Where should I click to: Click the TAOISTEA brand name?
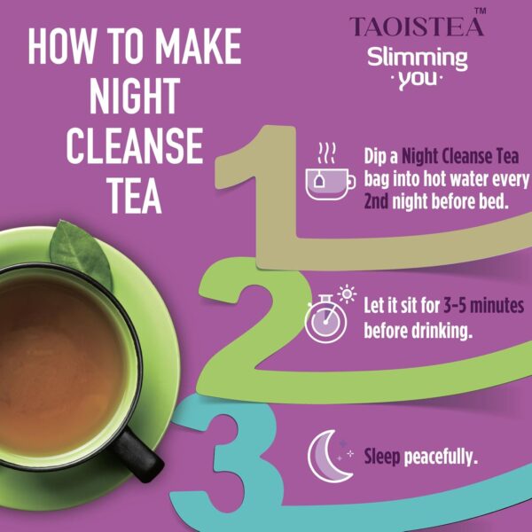(x=417, y=27)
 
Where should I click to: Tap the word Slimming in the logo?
(x=419, y=59)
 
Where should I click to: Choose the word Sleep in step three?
(x=384, y=458)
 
